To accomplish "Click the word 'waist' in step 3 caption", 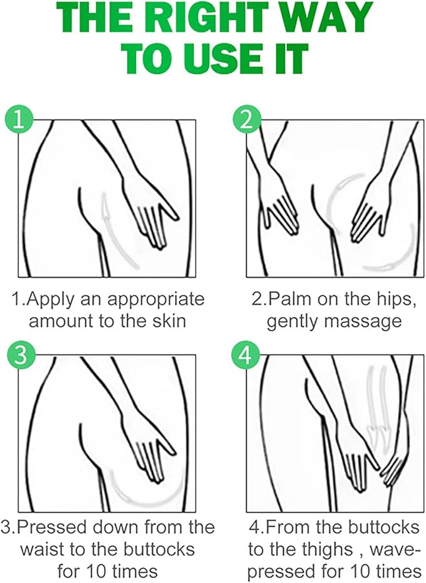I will pyautogui.click(x=45, y=549).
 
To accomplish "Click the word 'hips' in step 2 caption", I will pyautogui.click(x=393, y=299).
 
